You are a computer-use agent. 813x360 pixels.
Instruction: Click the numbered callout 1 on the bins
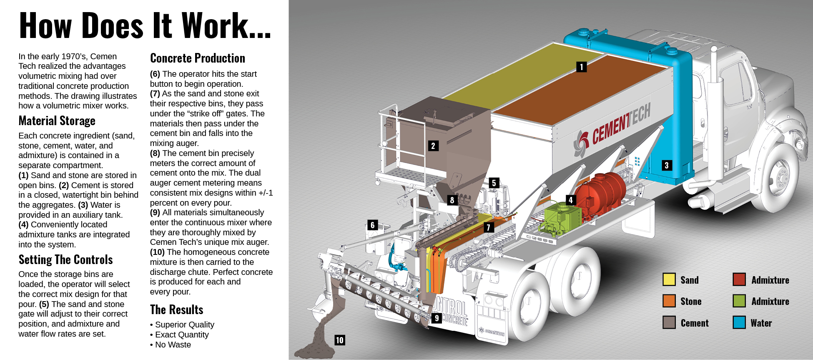(x=581, y=67)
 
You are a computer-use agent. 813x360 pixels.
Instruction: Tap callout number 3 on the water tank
(x=666, y=165)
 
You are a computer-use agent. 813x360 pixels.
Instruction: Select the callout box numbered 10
(x=339, y=340)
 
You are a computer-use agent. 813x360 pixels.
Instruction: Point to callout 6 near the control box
(x=373, y=225)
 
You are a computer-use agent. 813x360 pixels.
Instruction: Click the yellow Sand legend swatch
(x=669, y=279)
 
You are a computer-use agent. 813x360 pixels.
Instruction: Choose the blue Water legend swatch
(x=739, y=322)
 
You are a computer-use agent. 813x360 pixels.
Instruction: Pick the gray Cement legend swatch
(x=669, y=322)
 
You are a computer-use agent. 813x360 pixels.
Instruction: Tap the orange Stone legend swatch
(x=669, y=301)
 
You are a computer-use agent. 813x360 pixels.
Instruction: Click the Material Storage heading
(x=57, y=121)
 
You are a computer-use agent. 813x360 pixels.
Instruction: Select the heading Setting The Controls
(x=65, y=260)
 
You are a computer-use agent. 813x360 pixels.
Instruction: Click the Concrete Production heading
(x=198, y=58)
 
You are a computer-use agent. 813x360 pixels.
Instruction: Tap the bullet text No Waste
(x=173, y=345)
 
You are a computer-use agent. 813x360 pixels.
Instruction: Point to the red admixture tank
(x=600, y=192)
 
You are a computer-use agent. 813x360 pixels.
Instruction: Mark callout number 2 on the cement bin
(x=433, y=146)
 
